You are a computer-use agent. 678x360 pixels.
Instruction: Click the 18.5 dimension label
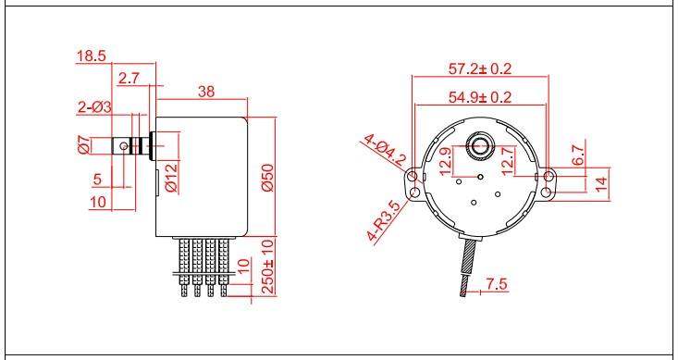[92, 56]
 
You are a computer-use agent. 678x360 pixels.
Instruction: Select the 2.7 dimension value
[129, 79]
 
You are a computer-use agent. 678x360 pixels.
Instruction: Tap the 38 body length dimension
[206, 92]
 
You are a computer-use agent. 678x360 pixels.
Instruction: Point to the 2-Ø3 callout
[94, 107]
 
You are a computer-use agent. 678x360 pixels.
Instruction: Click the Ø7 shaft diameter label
[84, 145]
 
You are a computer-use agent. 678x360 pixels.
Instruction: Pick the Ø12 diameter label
[171, 178]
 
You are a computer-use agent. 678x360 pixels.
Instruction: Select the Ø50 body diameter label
[267, 178]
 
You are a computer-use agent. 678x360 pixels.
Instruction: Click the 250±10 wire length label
[268, 267]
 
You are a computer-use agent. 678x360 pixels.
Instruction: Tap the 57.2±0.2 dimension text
[479, 68]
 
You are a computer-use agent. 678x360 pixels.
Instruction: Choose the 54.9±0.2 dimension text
[479, 97]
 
